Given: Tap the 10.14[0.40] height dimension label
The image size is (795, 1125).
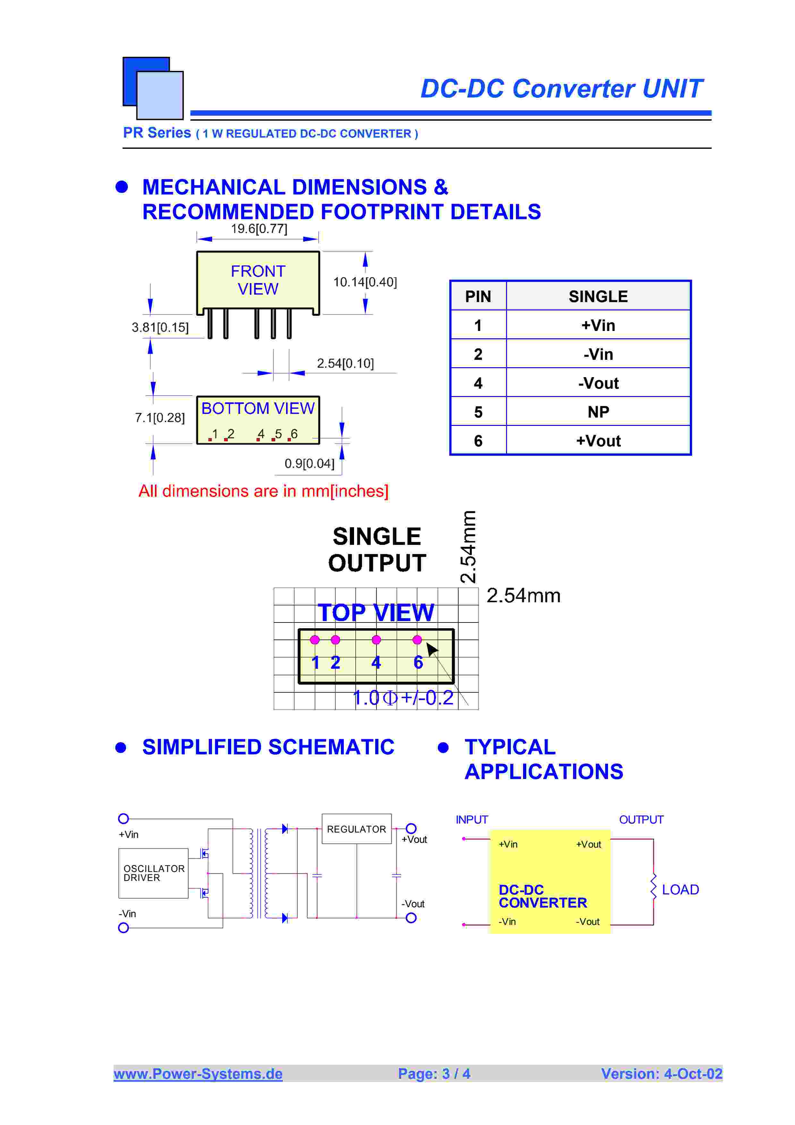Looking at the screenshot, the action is (365, 282).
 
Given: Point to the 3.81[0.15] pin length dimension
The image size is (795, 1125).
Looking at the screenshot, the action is (160, 327).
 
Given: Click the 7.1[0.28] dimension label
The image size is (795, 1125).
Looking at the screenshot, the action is (160, 418).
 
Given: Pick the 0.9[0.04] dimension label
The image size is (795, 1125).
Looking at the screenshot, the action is (309, 463).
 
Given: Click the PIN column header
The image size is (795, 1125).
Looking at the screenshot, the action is (478, 296).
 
